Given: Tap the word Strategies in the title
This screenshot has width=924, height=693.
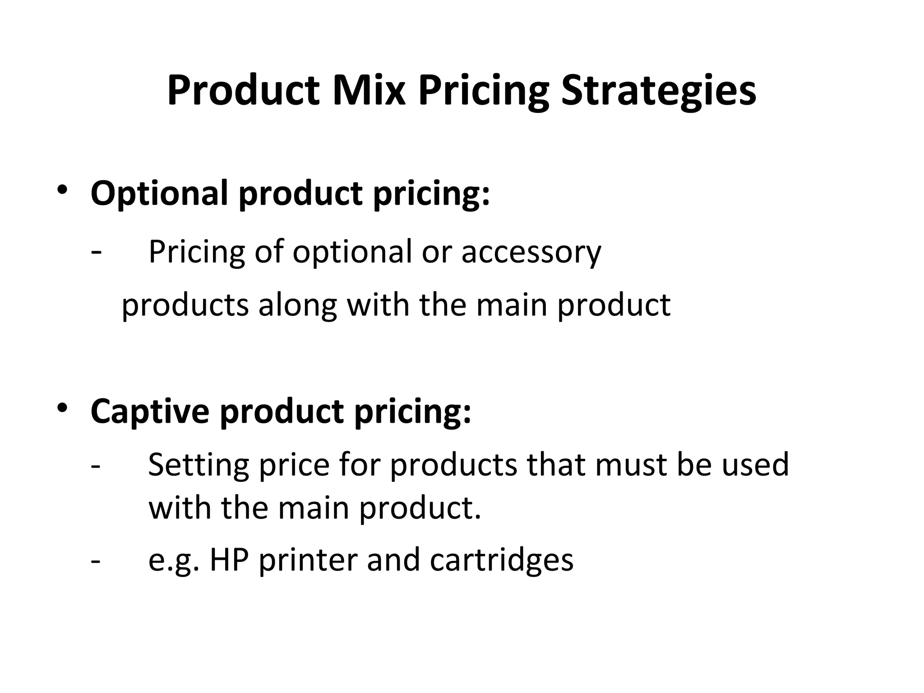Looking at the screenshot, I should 658,91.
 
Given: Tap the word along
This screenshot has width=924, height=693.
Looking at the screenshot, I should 297,305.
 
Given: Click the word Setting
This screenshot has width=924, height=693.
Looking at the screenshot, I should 199,465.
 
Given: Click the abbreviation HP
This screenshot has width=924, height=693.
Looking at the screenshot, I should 229,559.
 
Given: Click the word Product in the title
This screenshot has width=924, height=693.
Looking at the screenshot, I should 244,91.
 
